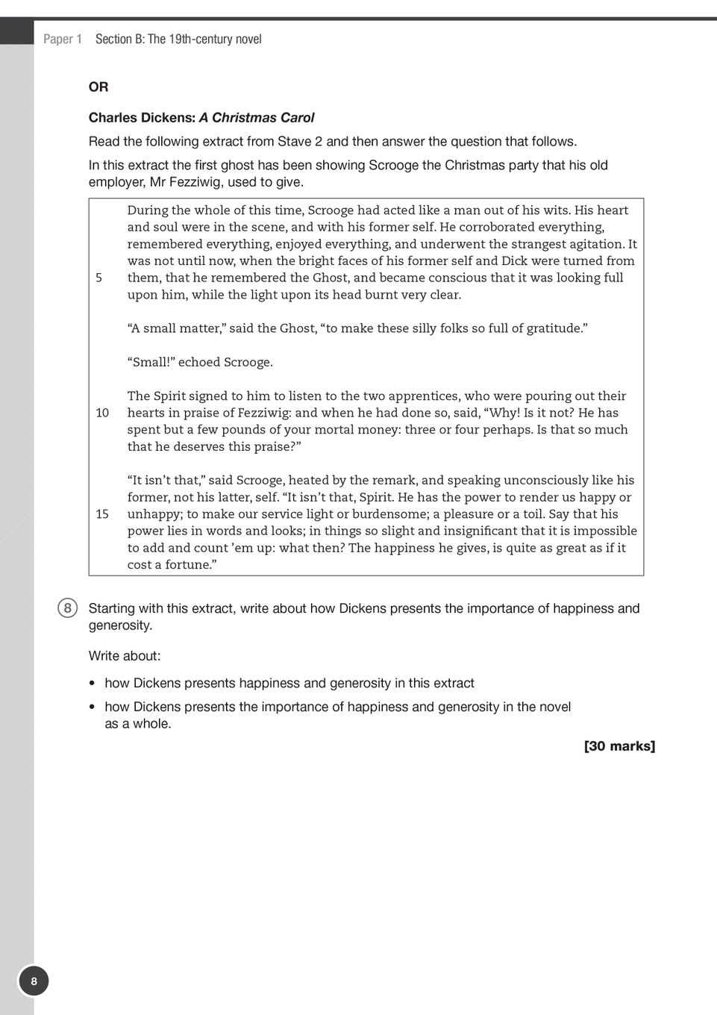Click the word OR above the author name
click(x=98, y=87)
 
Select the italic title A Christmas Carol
click(x=256, y=118)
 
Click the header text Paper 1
click(x=63, y=39)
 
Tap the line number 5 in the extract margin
click(x=99, y=278)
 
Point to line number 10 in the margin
click(x=102, y=413)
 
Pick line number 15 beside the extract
click(x=102, y=514)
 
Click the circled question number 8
click(x=67, y=608)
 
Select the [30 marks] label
click(x=619, y=746)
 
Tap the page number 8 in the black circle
click(x=34, y=981)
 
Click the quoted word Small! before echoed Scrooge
click(x=152, y=363)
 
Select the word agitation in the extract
click(x=593, y=244)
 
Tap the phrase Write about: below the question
click(x=125, y=656)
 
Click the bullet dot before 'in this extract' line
click(x=91, y=684)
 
